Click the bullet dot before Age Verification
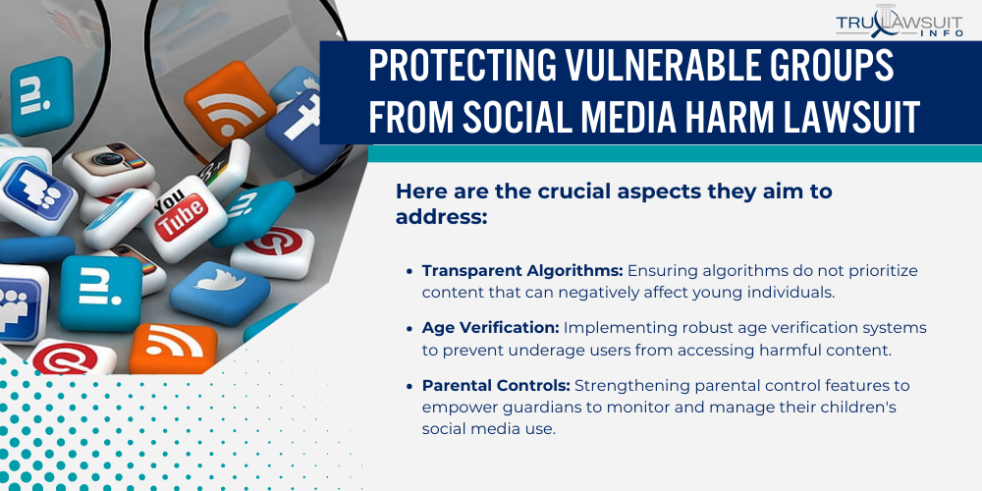(409, 328)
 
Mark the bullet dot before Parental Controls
(409, 385)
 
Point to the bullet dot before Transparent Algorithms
(409, 271)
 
